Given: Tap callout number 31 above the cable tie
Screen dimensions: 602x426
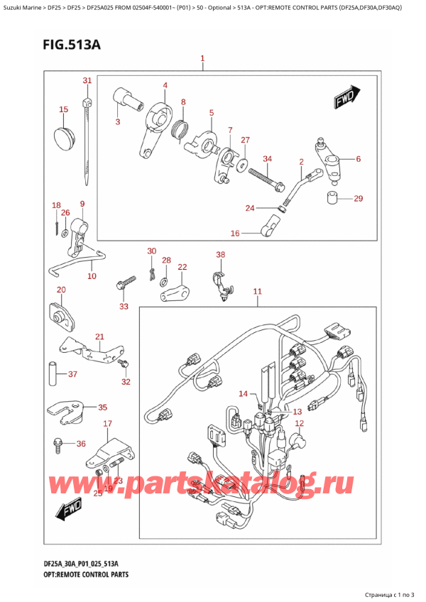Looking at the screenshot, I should coord(87,80).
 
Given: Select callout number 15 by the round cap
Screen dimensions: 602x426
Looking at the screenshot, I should coord(63,109).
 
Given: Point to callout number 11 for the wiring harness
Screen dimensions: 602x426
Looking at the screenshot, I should coord(257,292).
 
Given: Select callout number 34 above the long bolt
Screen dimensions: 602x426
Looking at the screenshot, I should coord(267,158).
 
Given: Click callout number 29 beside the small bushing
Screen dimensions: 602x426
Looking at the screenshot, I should coord(358,198).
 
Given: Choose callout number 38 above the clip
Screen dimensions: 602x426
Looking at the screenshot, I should coord(220,254).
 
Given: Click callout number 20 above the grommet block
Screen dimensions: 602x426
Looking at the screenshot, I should coord(61,290).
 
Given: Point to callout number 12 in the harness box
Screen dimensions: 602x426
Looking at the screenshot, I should coord(299,423).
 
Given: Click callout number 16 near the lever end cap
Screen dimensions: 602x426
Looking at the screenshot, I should coord(235,232).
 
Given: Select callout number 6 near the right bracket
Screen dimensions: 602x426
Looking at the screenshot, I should coord(358,159).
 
